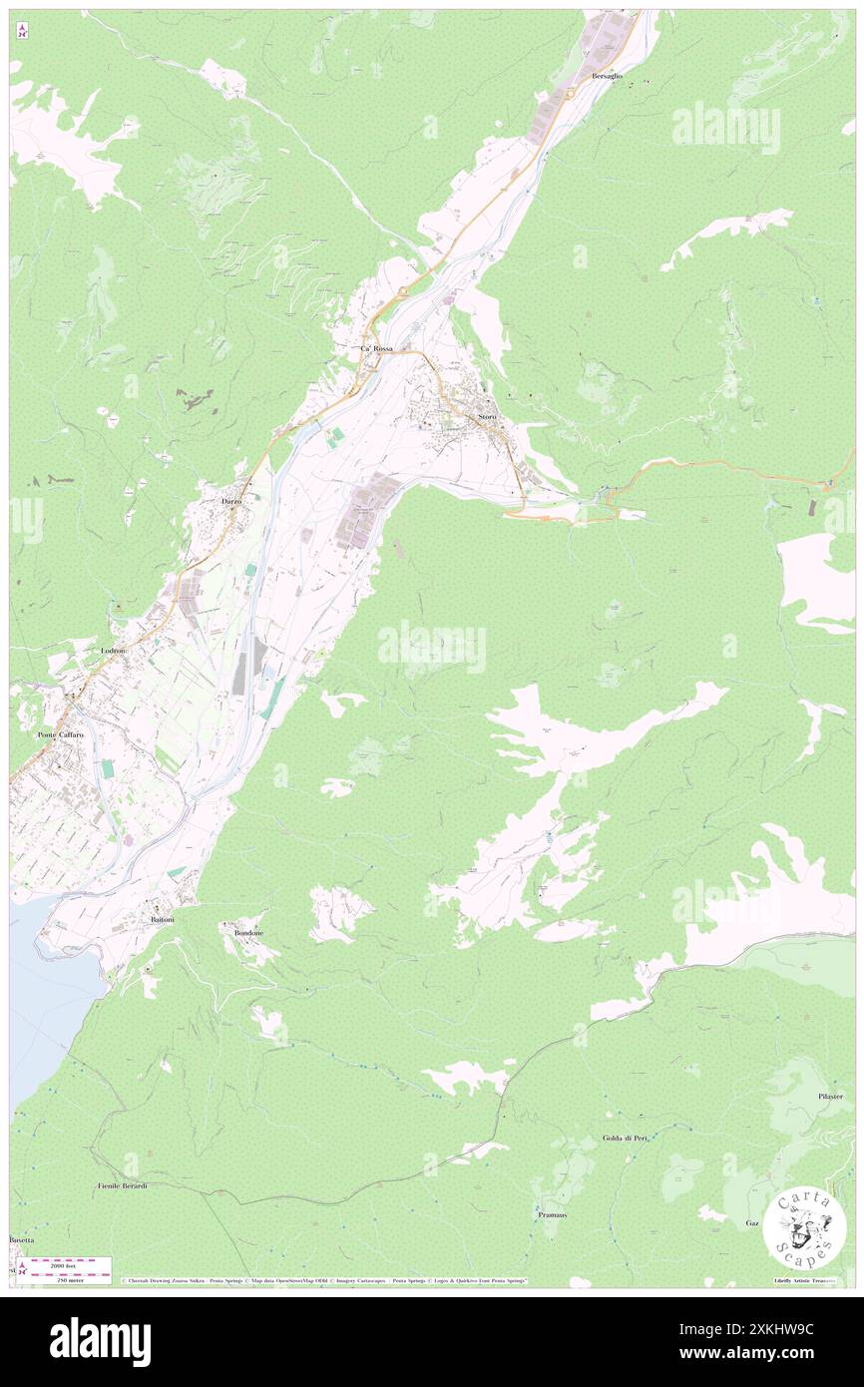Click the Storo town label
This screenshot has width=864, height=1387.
click(487, 415)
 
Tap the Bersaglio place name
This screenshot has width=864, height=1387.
click(607, 76)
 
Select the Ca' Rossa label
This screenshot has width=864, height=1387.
click(376, 348)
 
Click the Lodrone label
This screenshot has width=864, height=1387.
click(115, 651)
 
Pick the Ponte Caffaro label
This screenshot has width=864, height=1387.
click(62, 734)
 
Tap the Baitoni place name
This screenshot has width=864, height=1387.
click(162, 918)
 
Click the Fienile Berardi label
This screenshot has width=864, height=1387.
click(123, 1185)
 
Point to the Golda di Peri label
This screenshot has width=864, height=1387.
click(626, 1138)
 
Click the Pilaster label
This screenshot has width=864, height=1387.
click(830, 1096)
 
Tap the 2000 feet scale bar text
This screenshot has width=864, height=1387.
click(70, 1265)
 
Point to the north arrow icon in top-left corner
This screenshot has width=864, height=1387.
click(22, 31)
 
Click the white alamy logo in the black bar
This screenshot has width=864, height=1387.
click(100, 1341)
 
